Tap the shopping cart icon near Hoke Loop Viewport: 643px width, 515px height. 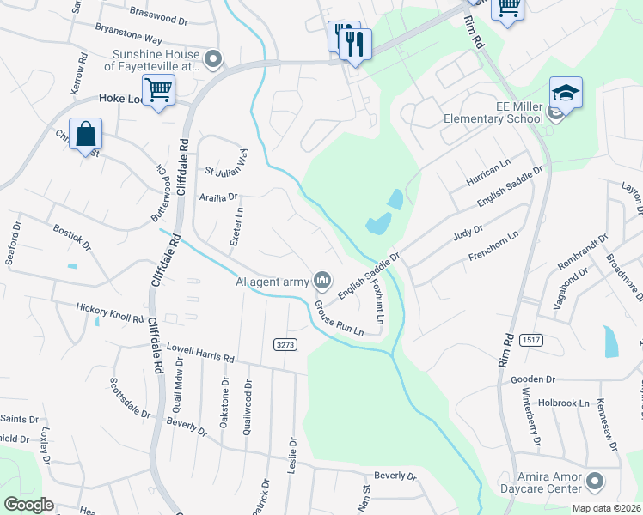click(158, 89)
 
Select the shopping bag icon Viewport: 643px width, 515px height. click(85, 134)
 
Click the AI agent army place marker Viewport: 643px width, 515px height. click(323, 280)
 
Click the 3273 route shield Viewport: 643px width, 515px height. click(286, 344)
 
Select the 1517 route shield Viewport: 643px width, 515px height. click(530, 341)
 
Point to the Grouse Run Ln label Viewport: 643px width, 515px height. click(339, 318)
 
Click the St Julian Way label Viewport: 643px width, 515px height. click(225, 164)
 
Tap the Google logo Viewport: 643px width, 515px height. click(28, 505)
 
